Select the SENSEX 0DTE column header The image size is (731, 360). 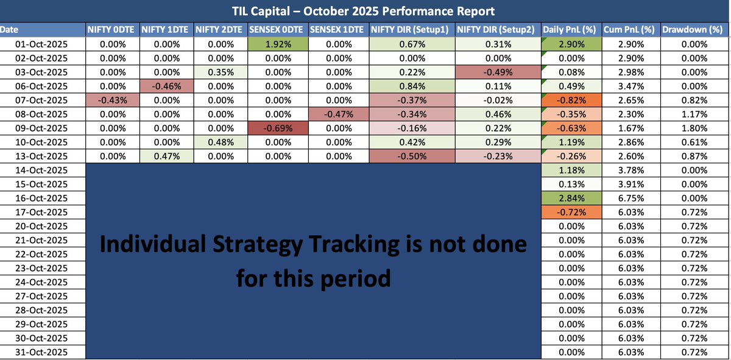pos(277,29)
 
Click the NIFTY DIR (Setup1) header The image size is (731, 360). pos(412,29)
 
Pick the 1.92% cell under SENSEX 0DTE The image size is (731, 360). pos(277,44)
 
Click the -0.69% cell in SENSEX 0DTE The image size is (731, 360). pos(277,128)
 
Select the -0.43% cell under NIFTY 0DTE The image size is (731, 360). pos(112,100)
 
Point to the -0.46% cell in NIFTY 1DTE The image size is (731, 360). pos(166,86)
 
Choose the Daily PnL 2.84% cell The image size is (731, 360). pos(571,198)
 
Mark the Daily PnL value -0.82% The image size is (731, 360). pos(571,100)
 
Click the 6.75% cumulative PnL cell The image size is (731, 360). pos(630,198)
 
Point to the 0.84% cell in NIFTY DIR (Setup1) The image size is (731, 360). pos(412,86)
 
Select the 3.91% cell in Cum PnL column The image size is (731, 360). pos(630,184)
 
